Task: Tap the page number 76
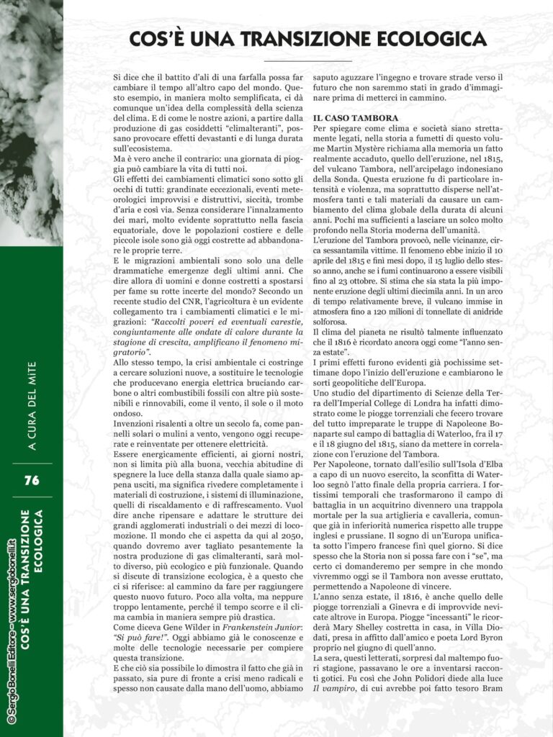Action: click(31, 480)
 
